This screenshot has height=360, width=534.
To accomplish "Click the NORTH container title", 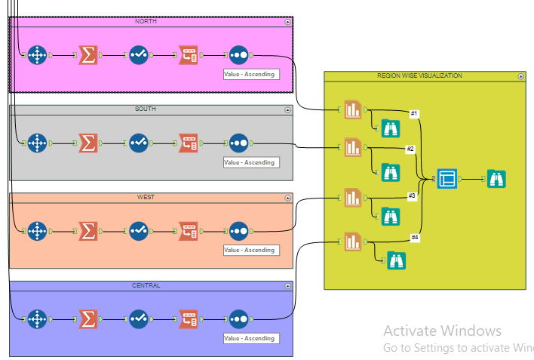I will coord(146,22).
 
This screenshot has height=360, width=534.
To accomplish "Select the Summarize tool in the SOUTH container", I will coord(88,142).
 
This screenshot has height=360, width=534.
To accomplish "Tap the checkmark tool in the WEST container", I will coord(138,231).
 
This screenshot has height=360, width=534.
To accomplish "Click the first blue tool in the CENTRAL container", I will coord(37,319).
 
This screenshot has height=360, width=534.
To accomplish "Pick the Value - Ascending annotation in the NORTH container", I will coord(250,74).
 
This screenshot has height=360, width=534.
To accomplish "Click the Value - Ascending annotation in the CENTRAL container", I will coord(250,338).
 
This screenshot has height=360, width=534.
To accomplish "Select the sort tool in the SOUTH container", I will coord(238,142).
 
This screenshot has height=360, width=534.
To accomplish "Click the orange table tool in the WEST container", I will coord(188,231).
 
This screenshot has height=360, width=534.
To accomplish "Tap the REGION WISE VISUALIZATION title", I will coord(419,76).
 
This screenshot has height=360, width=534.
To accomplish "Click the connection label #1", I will coord(413,114).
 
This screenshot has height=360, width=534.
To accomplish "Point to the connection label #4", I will coord(415,238).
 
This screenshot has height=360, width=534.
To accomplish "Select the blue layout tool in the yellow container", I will coord(447,179).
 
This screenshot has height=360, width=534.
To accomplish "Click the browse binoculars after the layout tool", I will coord(496,179).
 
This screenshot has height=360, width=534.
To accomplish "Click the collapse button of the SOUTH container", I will coord(287,110).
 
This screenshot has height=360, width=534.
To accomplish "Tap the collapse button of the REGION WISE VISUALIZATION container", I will coord(520,76).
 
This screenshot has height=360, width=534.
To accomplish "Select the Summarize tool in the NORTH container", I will coord(88,55).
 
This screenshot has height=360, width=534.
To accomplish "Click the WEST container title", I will coord(146,198).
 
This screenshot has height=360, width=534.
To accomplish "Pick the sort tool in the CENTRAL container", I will coord(238,319).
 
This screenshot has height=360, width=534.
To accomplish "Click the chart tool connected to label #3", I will coord(353,198).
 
